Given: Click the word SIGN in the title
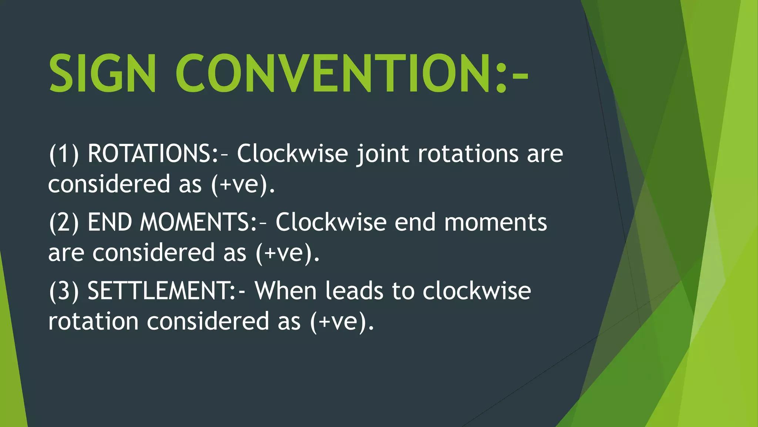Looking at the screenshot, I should coord(102,73).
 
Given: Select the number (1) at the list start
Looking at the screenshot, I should coord(64,153).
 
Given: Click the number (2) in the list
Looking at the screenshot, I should coord(64,222).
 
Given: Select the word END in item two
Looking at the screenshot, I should coord(110,222).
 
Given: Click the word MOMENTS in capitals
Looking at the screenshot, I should coord(195,222).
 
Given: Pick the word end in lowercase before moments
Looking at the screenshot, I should coord(415,222).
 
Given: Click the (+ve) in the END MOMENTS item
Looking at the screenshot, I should coord(287,253).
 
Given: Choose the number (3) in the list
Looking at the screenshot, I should coord(64,291).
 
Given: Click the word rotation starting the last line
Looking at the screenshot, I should coord(93,321).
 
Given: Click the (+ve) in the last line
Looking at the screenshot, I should coord(342,321).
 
